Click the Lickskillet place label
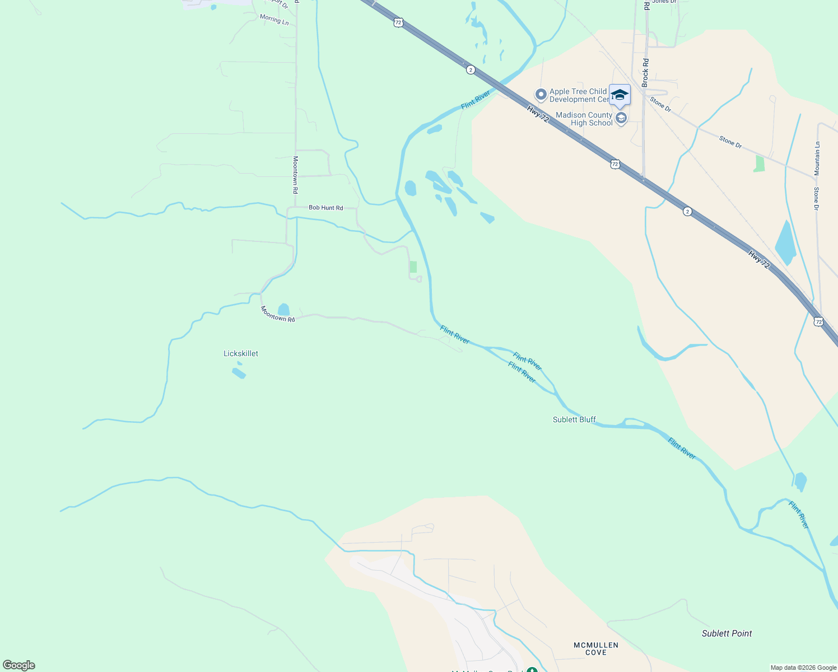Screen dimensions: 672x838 [x=241, y=353]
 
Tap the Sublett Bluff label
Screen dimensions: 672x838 [x=574, y=419]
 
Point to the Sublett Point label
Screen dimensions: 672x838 [x=727, y=633]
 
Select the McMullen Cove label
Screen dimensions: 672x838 [x=596, y=648]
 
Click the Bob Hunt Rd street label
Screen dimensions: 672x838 [x=325, y=208]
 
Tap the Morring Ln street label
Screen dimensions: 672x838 [x=274, y=19]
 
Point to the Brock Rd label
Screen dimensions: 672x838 [x=645, y=72]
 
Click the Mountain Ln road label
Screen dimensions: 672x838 [x=817, y=158]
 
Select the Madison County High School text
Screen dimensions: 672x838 [x=584, y=119]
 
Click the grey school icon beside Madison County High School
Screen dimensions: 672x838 [x=621, y=118]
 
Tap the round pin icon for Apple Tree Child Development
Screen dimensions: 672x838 [x=541, y=95]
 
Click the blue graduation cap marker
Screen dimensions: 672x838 [x=620, y=94]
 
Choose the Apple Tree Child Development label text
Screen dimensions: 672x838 [x=579, y=95]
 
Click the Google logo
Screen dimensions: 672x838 [x=19, y=665]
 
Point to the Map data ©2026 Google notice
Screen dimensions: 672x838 [x=803, y=668]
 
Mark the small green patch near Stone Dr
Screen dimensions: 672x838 [x=760, y=164]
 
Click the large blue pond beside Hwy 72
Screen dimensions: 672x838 [x=785, y=244]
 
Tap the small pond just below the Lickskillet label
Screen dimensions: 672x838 [x=239, y=372]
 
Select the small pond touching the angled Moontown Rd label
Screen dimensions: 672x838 [x=284, y=310]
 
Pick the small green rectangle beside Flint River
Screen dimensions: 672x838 [x=413, y=267]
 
